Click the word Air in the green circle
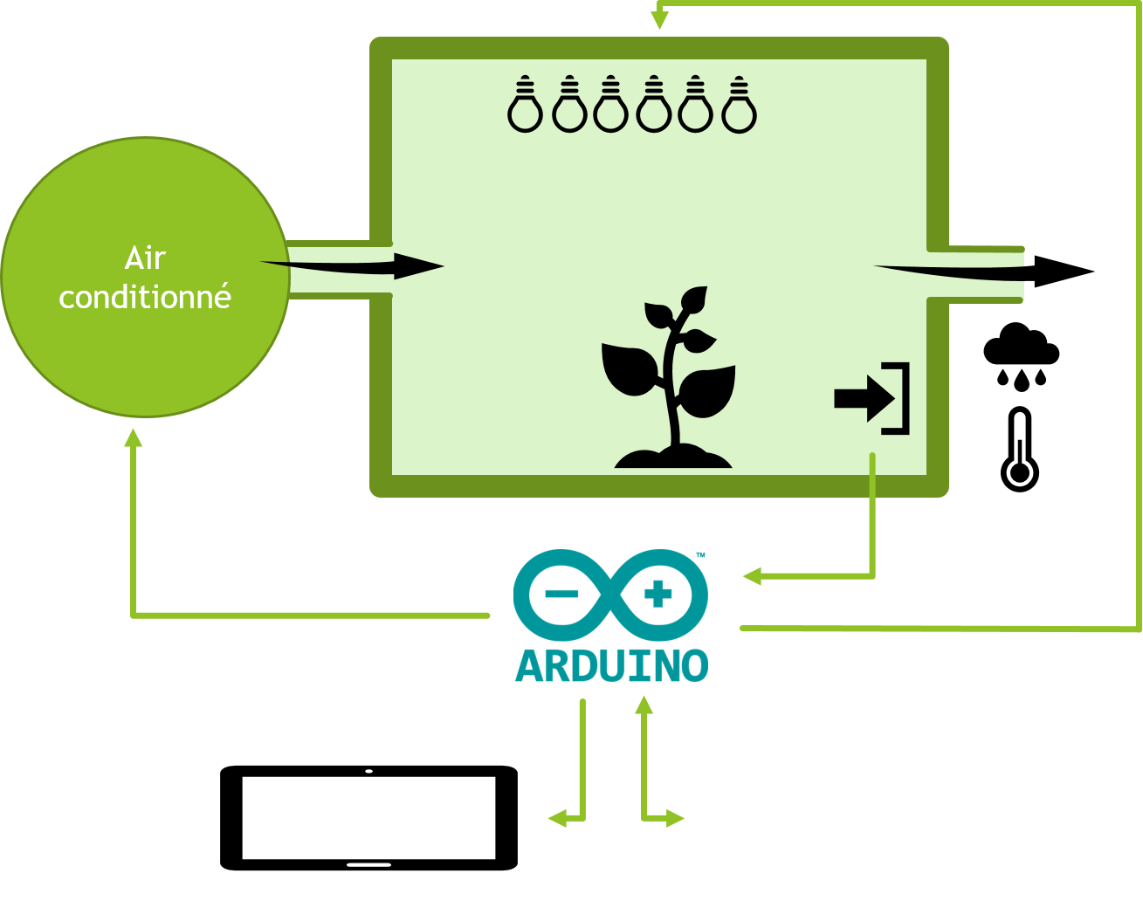pos(145,258)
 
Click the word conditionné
pos(145,296)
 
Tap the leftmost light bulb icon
pos(525,104)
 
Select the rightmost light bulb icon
pos(739,105)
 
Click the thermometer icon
pos(1019,450)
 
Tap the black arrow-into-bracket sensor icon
pos(871,398)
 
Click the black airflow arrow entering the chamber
pos(352,266)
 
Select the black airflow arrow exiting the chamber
pos(984,272)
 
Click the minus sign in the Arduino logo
pos(561,594)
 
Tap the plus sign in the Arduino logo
pos(658,594)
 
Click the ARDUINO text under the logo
pos(611,666)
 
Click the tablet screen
pos(368,818)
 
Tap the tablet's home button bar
pos(368,865)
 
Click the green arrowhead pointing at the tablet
pos(558,818)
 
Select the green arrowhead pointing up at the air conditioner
pos(133,437)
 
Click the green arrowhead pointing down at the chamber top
pos(659,20)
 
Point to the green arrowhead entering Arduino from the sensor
pos(752,576)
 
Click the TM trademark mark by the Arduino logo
pos(700,555)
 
